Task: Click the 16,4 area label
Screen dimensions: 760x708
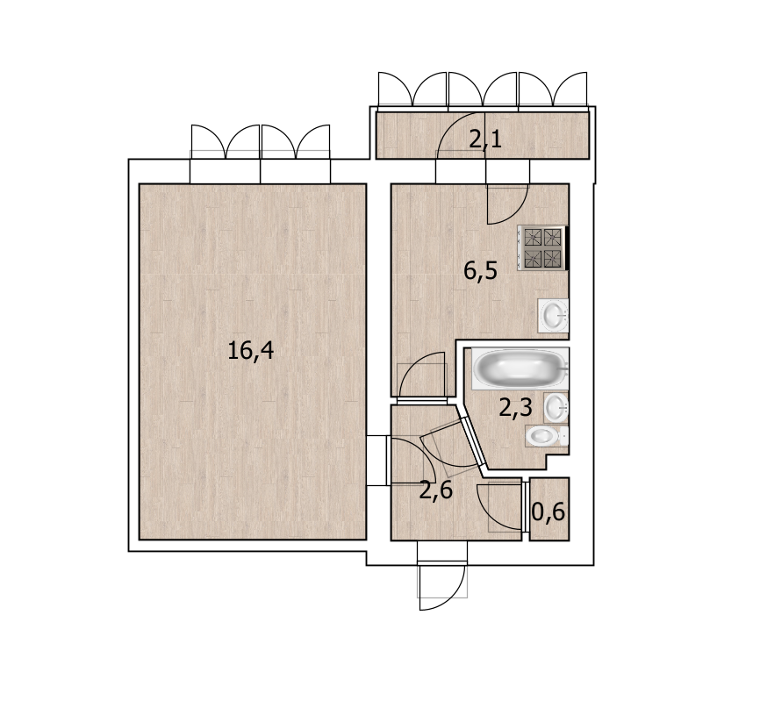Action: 251,350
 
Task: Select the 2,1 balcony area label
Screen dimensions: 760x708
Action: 485,139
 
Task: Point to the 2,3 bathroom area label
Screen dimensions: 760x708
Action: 516,408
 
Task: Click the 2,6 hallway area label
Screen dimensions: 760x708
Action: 436,490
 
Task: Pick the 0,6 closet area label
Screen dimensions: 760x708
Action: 548,511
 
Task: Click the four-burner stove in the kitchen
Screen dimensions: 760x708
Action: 541,247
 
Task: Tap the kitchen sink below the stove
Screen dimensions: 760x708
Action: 554,315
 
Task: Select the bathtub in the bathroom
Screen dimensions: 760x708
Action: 520,368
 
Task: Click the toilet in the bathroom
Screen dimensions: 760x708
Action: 547,436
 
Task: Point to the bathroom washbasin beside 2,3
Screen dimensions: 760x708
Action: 556,408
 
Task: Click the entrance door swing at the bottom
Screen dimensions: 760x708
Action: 442,586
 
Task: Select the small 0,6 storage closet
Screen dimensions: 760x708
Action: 549,509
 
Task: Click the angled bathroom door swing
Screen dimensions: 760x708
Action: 448,448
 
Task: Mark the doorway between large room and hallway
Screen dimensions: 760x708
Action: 379,461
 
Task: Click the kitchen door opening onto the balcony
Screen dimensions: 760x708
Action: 507,204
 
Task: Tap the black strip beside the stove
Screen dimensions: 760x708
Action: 567,247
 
